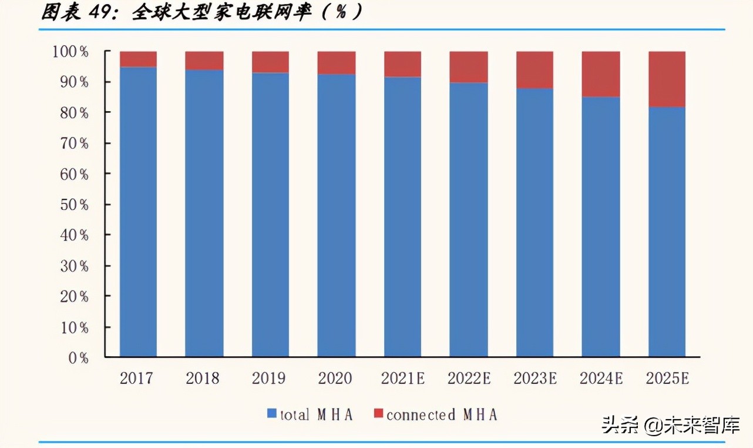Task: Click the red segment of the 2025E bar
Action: tap(667, 79)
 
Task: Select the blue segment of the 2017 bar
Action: tap(138, 212)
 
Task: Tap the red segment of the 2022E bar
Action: tap(469, 66)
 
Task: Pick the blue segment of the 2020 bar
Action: tap(337, 215)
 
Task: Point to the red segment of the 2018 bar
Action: tap(204, 61)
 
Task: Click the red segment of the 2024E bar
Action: tap(601, 74)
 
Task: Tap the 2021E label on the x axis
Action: tap(402, 378)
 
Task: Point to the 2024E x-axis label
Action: tap(601, 378)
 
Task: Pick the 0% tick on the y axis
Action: tap(78, 357)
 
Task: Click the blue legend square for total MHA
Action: tap(271, 414)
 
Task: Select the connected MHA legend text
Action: tap(442, 414)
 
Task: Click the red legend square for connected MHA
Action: tap(378, 414)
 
